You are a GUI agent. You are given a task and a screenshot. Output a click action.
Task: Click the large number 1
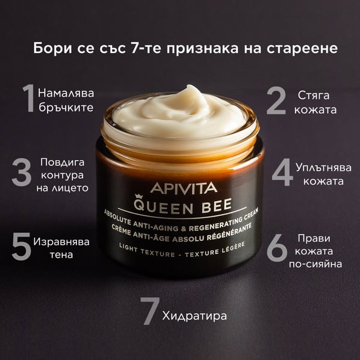pyautogui.click(x=29, y=98)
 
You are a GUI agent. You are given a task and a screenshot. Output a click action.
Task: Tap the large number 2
pyautogui.click(x=276, y=101)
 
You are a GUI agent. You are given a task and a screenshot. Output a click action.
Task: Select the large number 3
pyautogui.click(x=21, y=172)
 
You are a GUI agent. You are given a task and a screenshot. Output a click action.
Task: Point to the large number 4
pyautogui.click(x=282, y=172)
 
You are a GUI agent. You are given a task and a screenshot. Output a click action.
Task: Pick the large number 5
pyautogui.click(x=21, y=246)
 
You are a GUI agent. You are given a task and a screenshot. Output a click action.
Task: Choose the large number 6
pyautogui.click(x=277, y=248)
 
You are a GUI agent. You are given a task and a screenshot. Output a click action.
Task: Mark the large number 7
pyautogui.click(x=150, y=311)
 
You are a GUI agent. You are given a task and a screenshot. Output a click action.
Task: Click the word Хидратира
pyautogui.click(x=194, y=316)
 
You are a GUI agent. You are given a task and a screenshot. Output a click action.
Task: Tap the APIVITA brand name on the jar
pyautogui.click(x=184, y=188)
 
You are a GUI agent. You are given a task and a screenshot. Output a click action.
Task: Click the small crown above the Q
pyautogui.click(x=138, y=196)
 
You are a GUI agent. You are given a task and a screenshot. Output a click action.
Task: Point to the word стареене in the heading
pyautogui.click(x=302, y=49)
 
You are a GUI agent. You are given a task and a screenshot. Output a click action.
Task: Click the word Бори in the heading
pyautogui.click(x=52, y=48)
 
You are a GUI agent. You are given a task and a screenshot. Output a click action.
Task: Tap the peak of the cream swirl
pyautogui.click(x=190, y=87)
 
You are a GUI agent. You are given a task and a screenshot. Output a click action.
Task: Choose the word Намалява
pyautogui.click(x=66, y=93)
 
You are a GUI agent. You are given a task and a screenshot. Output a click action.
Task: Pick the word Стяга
pyautogui.click(x=314, y=95)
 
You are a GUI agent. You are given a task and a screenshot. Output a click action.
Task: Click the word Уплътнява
pyautogui.click(x=323, y=167)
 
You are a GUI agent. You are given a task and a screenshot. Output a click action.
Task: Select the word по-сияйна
pyautogui.click(x=315, y=264)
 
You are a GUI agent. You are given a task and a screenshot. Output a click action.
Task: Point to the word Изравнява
pyautogui.click(x=61, y=242)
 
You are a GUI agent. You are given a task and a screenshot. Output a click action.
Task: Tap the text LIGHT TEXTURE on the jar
pyautogui.click(x=147, y=250)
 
